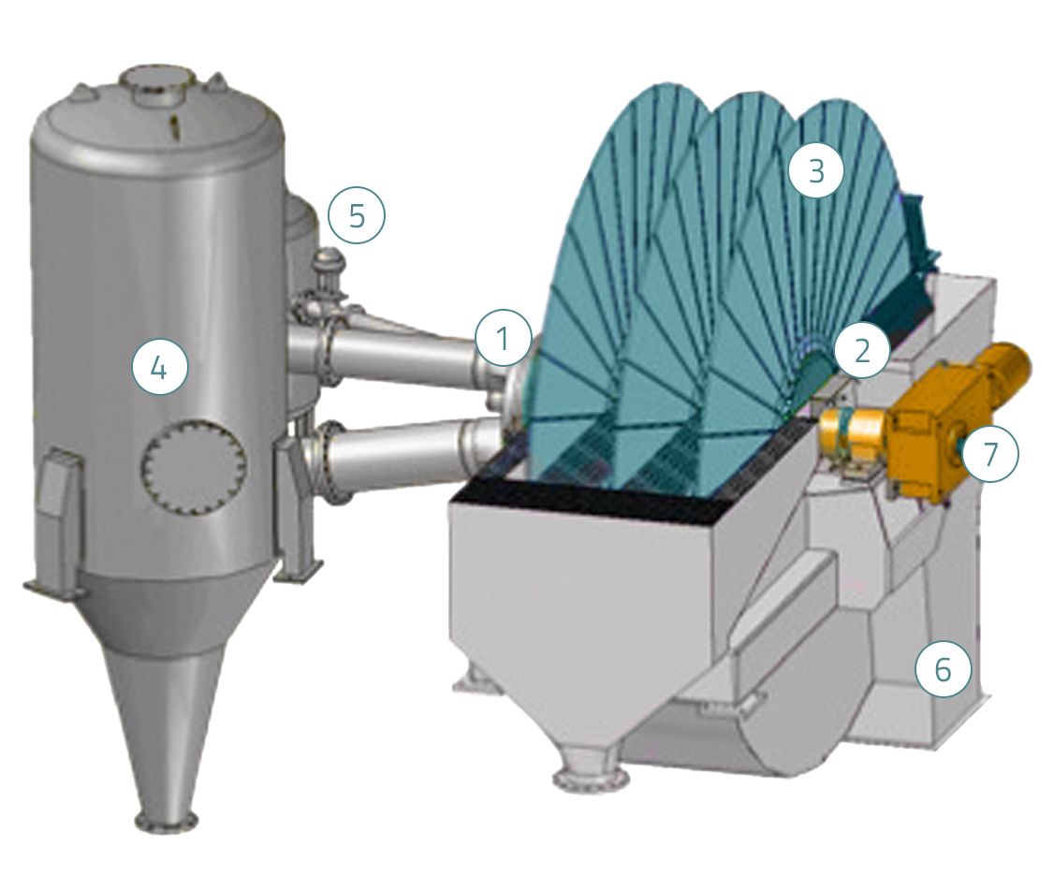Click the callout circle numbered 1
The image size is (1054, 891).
tap(503, 340)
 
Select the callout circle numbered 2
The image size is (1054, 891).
tap(861, 350)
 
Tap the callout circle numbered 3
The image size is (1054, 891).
tap(816, 170)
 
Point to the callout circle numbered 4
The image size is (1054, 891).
tap(158, 367)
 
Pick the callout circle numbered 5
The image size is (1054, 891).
tap(357, 216)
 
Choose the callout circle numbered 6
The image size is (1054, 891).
tap(944, 669)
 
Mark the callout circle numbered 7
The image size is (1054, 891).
tap(989, 454)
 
